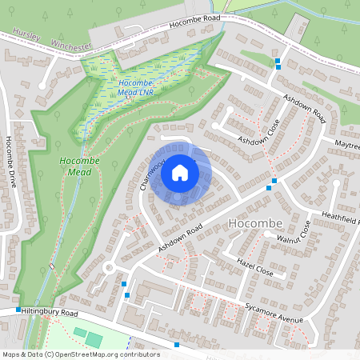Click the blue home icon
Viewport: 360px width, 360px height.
point(180,173)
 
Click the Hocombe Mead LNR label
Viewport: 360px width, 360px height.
point(134,87)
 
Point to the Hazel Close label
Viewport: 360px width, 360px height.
point(255,267)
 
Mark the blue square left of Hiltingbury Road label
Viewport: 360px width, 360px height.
point(18,310)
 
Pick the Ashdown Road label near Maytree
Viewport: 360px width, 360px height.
point(304,106)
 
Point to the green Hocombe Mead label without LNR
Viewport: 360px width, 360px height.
point(80,166)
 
